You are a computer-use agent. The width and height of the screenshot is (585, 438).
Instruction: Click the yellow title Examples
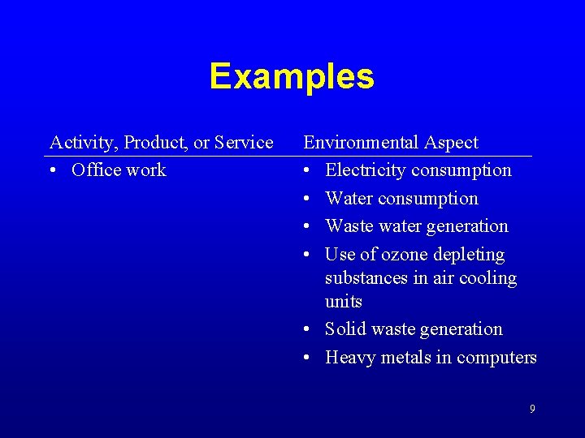292,76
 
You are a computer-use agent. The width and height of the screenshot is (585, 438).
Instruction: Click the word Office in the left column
94,170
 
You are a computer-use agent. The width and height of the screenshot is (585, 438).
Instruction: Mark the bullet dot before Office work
54,171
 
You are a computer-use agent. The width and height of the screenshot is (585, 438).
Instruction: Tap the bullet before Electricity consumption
308,171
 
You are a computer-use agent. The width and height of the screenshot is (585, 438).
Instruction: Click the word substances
361,278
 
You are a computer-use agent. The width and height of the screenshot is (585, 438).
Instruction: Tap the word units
343,302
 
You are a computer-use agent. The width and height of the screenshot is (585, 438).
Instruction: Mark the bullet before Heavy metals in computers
308,358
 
